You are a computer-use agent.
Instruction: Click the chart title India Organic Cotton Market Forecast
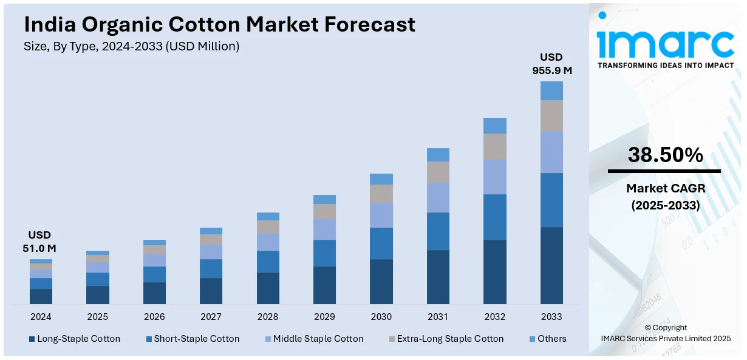click(219, 24)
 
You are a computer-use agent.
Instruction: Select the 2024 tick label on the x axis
click(41, 317)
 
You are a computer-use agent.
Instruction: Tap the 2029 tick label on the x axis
click(324, 317)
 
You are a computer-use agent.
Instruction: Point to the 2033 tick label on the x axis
click(551, 317)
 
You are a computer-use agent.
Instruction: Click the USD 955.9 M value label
click(551, 64)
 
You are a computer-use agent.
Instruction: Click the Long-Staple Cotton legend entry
click(74, 339)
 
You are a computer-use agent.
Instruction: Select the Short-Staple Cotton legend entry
click(192, 339)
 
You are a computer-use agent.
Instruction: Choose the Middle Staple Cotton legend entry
click(313, 339)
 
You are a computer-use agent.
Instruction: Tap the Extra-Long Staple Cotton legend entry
click(445, 339)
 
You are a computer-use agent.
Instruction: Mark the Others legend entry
click(547, 339)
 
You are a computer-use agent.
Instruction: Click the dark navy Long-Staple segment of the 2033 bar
click(551, 265)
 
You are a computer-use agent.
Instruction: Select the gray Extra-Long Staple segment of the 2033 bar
click(551, 115)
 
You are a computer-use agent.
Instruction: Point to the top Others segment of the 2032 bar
click(495, 126)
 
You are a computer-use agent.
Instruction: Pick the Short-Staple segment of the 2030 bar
click(381, 243)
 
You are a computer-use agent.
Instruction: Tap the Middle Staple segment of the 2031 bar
click(438, 197)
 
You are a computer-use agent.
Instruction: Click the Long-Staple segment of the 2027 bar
click(211, 291)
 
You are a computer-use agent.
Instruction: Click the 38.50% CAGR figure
click(665, 155)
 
